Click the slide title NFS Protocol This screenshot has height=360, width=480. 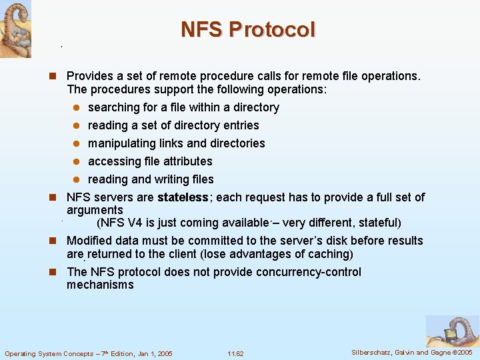click(247, 30)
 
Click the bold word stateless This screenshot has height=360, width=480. click(183, 197)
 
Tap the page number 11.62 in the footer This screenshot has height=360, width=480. click(235, 353)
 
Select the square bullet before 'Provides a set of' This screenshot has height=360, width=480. click(57, 77)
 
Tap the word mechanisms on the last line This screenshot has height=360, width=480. click(100, 285)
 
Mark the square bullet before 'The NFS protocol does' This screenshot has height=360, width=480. click(57, 272)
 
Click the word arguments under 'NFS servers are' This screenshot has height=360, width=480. click(95, 210)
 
